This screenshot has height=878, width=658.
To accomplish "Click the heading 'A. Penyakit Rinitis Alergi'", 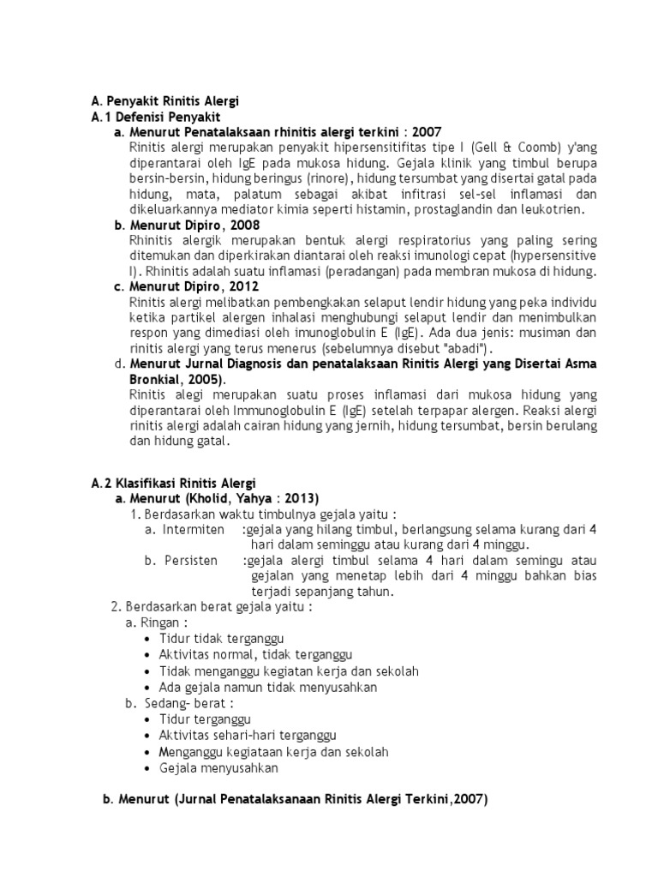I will [x=165, y=100].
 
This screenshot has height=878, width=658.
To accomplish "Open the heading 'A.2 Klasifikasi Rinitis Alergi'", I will [x=173, y=484].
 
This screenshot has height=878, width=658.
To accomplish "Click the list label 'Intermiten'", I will [x=194, y=530].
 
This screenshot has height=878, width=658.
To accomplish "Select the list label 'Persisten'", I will [x=191, y=561].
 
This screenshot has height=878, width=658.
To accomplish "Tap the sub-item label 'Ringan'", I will [x=163, y=622].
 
